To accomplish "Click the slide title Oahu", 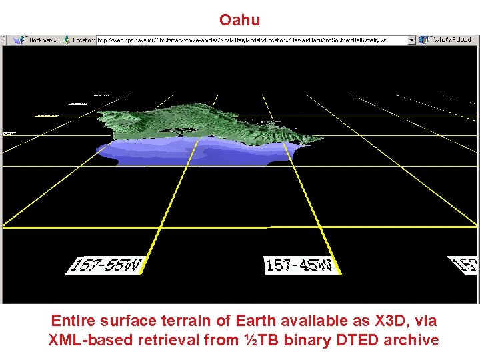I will pos(239,20).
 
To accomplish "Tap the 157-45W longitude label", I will pos(299,265).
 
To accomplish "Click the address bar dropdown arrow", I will pos(411,41).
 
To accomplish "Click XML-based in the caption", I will pos(91,340).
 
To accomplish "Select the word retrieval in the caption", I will pos(170,340).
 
